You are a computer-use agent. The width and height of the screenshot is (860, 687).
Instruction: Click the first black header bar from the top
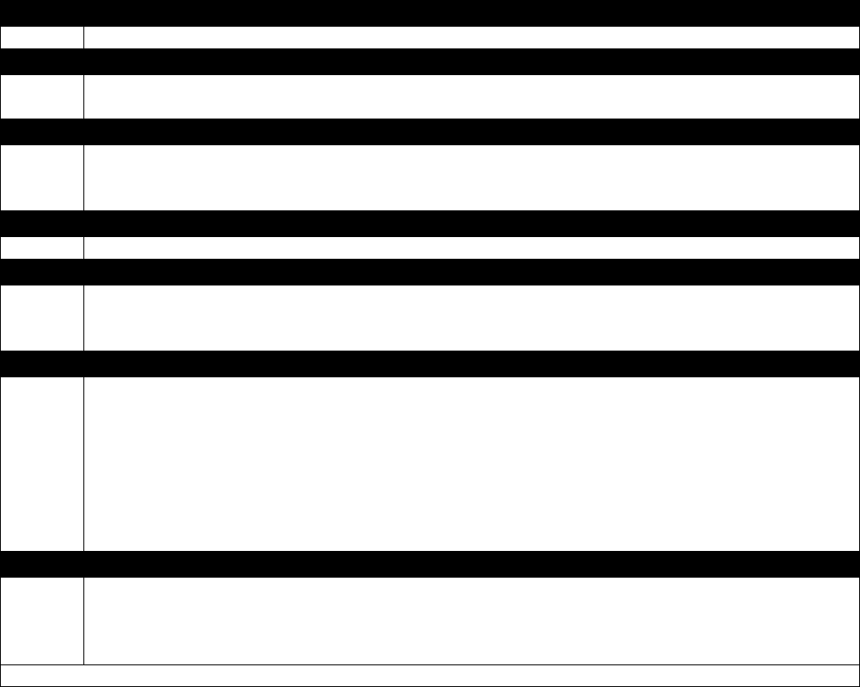coord(430,13)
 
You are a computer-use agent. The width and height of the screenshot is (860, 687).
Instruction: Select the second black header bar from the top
coord(430,61)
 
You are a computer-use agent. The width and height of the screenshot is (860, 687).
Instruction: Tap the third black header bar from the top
coord(430,131)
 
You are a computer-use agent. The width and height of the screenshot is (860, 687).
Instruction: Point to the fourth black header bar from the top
coord(430,223)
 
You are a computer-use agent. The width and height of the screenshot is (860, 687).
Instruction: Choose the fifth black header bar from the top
coord(430,271)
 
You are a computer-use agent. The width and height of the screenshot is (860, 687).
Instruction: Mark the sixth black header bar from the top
coord(430,363)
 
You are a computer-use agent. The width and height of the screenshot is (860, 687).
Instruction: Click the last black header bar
coord(430,563)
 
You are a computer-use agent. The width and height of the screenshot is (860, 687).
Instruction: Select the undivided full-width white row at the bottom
coord(430,675)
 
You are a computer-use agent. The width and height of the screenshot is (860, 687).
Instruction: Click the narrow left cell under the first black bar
coord(42,37)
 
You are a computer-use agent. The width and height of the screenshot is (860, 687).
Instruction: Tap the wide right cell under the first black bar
coord(471,37)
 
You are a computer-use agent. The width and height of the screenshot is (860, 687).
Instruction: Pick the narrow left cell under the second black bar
coord(42,96)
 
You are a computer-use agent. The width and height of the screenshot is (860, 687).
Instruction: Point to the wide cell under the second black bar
coord(471,96)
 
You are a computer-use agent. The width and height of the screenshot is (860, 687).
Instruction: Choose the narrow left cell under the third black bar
coord(42,177)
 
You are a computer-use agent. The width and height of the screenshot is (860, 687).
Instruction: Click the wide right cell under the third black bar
coord(471,177)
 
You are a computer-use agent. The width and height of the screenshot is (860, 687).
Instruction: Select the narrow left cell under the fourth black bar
coord(42,247)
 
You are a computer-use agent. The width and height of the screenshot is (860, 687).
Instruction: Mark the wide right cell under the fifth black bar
coord(471,317)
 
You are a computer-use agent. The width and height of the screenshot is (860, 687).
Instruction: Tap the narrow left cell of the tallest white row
coord(42,463)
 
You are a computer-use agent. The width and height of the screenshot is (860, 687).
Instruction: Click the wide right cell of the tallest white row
coord(471,463)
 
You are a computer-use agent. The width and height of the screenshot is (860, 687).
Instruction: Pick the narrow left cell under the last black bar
coord(42,620)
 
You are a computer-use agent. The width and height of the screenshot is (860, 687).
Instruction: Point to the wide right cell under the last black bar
coord(471,620)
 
